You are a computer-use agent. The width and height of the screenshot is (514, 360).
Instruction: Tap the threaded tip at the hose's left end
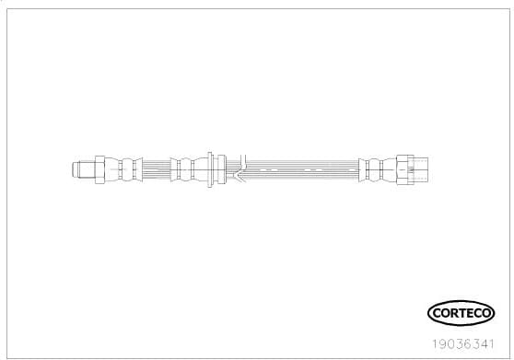tap(78, 169)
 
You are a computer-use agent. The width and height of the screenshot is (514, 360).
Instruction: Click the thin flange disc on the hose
tap(211, 169)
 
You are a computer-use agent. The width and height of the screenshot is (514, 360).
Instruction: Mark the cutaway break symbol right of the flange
tap(238, 169)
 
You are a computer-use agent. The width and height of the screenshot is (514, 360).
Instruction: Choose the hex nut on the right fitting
tap(403, 169)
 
